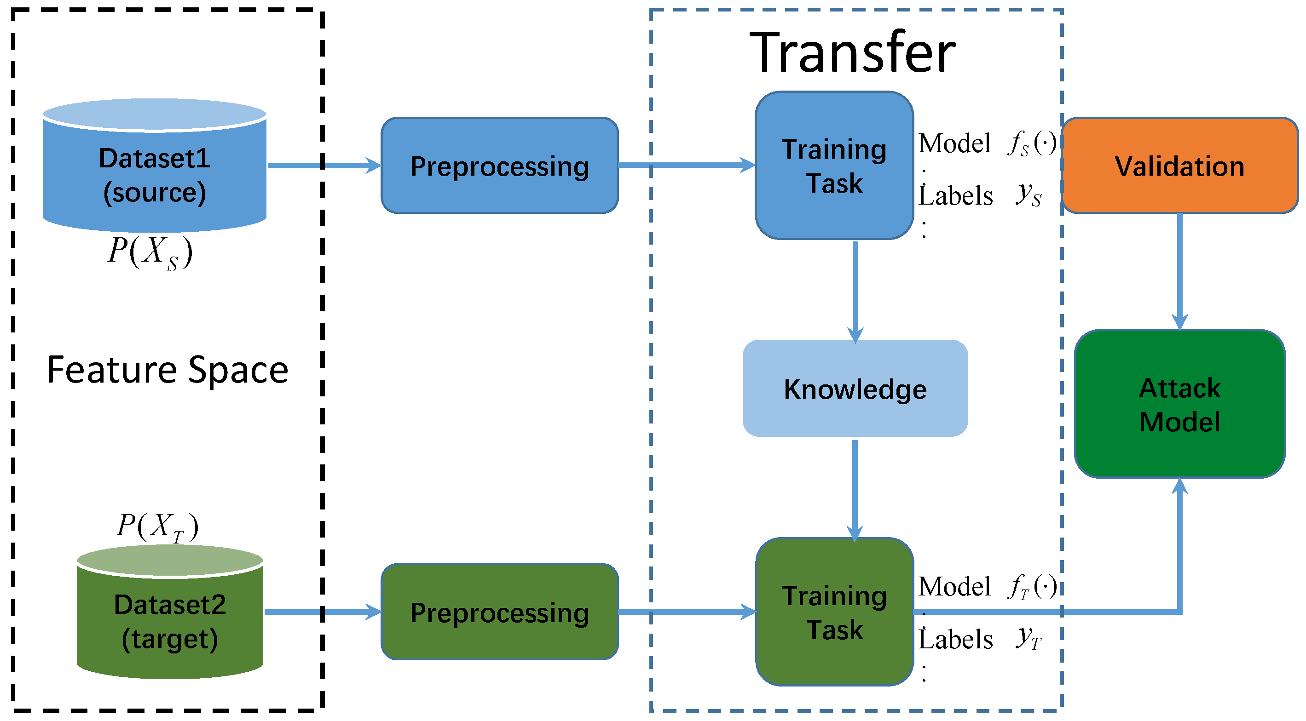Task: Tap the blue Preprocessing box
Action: coord(499,166)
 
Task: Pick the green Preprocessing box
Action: coord(499,612)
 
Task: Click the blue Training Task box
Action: coord(834,166)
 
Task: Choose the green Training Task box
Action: coord(834,612)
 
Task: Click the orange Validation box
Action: coord(1180,166)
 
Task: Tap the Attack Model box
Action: coord(1180,404)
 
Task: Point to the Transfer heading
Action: coord(852,53)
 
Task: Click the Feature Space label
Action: coord(168,370)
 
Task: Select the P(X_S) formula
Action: coord(150,252)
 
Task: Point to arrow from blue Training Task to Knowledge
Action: coord(855,292)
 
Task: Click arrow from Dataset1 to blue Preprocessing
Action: coord(324,165)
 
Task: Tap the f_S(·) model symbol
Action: coord(1032,143)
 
